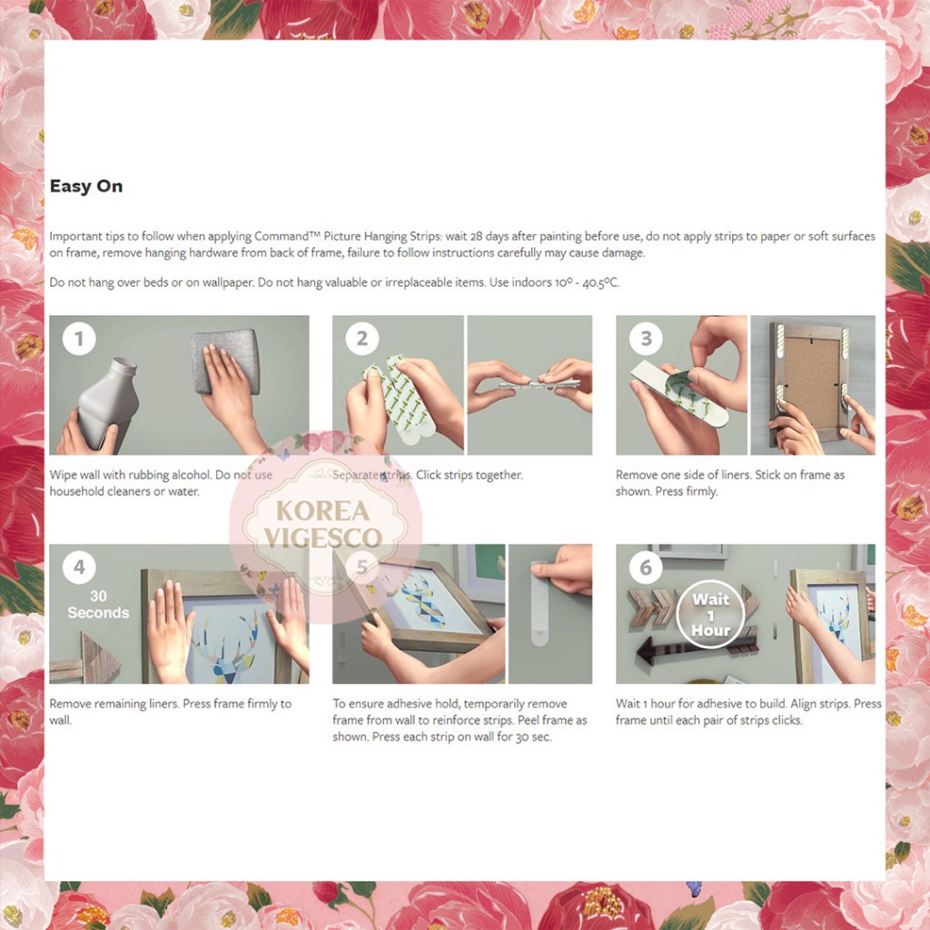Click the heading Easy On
pos(86,186)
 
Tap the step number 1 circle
pos(79,339)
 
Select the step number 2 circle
pos(361,339)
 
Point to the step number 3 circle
pos(646,339)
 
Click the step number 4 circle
pos(79,568)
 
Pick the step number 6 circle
pos(646,568)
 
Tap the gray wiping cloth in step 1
pos(226,361)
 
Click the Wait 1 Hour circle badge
pos(710,615)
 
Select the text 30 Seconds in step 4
pos(98,604)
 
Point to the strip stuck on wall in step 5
pos(539,603)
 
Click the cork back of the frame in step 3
pos(812,383)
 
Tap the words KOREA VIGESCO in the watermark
pos(323,524)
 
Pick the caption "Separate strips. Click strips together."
pos(428,475)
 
